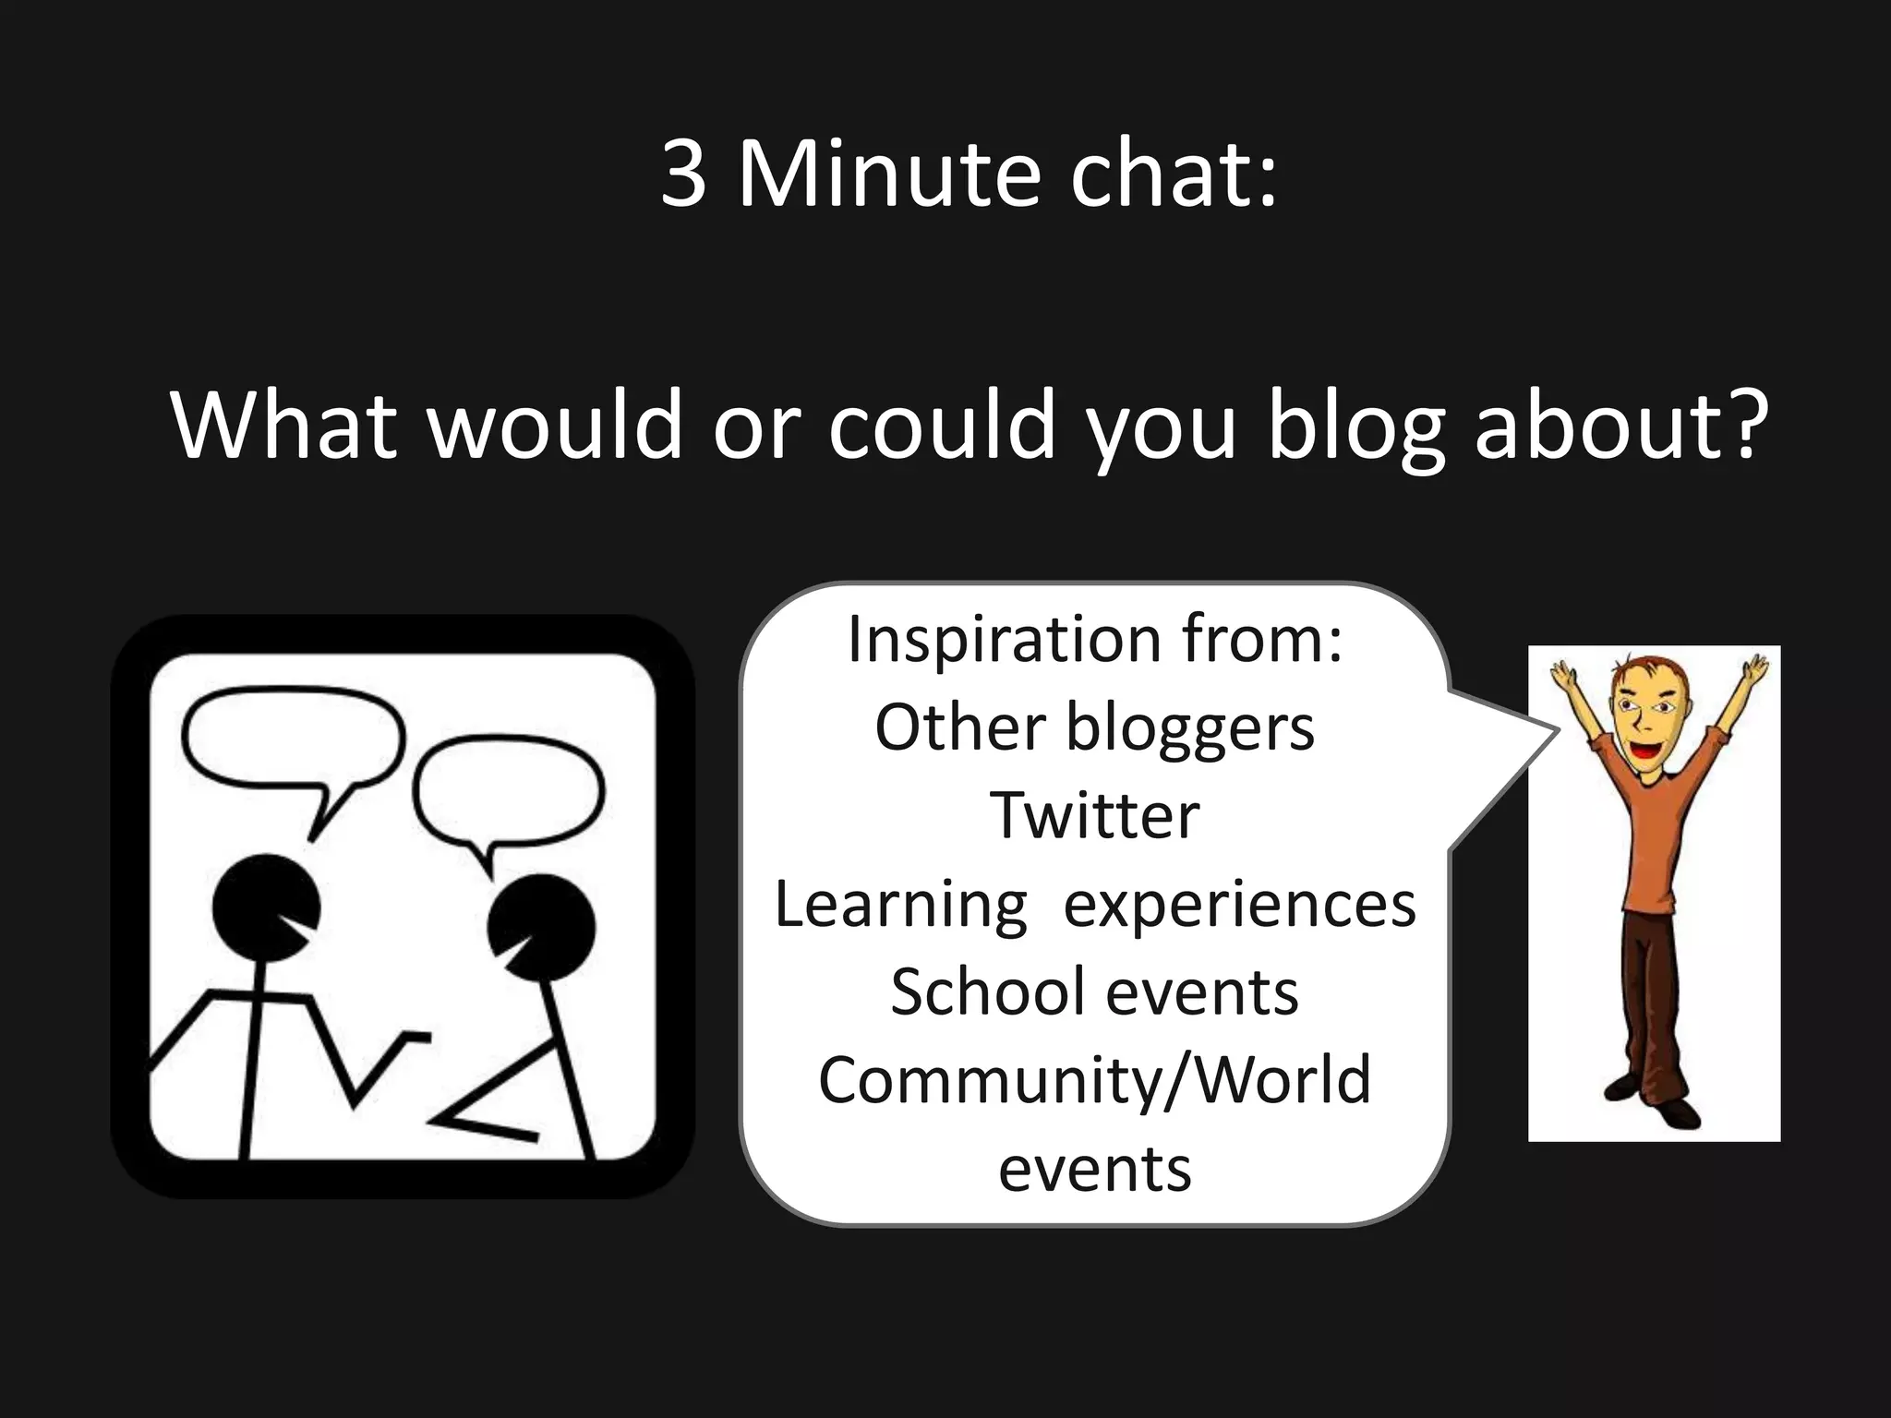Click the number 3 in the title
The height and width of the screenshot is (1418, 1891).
tap(684, 175)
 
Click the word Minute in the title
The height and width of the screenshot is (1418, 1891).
tap(886, 175)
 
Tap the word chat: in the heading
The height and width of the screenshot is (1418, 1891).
tap(1173, 175)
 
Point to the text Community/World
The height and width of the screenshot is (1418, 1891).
tap(1095, 1080)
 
